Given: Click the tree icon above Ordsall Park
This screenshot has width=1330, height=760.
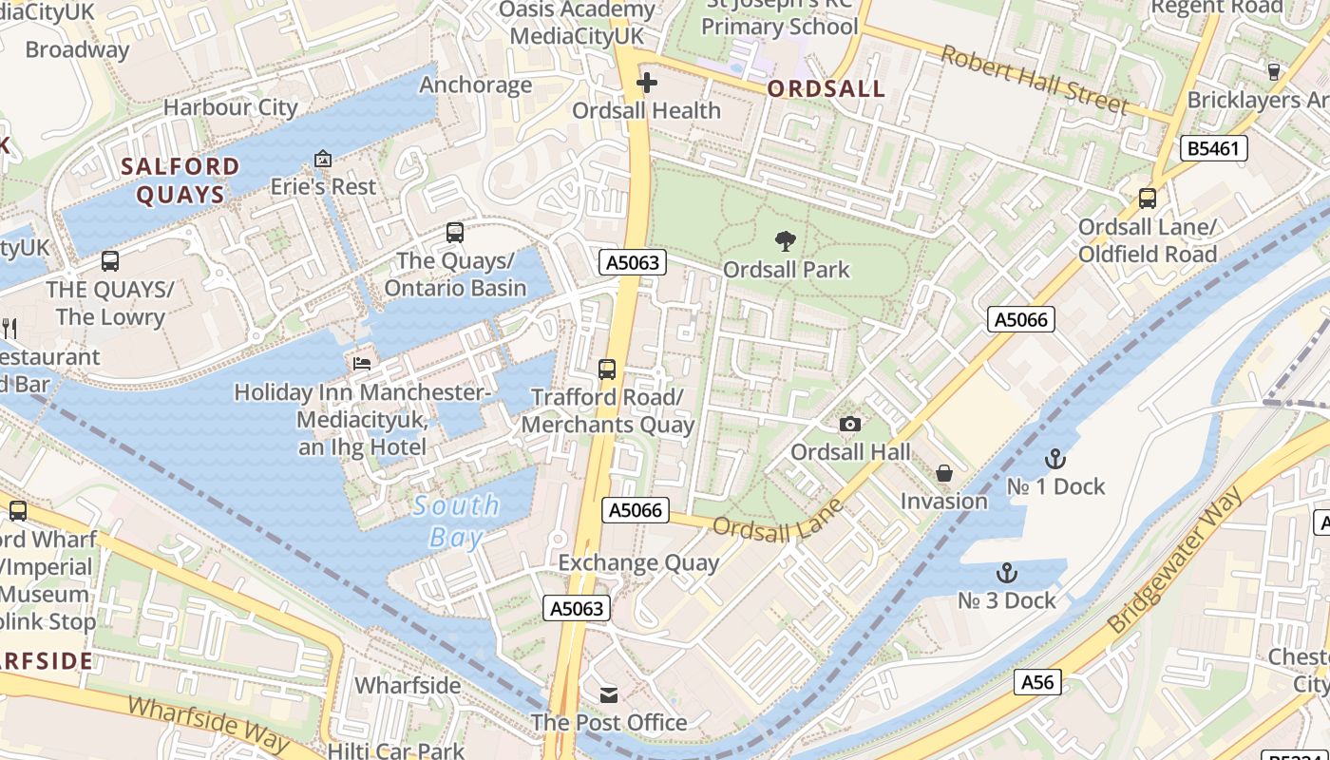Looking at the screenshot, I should click(785, 241).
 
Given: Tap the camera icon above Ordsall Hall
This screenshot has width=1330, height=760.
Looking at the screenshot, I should click(850, 424).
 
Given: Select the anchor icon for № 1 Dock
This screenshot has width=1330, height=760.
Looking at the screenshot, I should click(1054, 459).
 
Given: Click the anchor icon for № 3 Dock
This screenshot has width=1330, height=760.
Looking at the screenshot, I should click(1006, 573).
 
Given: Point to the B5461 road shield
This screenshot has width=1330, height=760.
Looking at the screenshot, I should click(1214, 148).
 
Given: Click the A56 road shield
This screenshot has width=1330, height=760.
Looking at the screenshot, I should click(1037, 681).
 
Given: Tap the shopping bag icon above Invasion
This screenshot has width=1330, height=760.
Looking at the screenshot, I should click(944, 472).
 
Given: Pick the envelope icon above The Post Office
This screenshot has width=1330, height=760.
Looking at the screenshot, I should click(608, 695).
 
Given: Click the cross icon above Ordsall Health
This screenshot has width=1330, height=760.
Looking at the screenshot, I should click(647, 84).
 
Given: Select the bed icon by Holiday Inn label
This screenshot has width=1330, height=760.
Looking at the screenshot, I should click(362, 363).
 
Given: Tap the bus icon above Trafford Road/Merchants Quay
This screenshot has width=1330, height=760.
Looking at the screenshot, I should click(607, 369).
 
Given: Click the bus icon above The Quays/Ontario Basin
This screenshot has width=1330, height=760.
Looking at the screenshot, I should click(455, 232).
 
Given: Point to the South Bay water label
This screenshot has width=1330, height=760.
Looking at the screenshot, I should click(457, 521).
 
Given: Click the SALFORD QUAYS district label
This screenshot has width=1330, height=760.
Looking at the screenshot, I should click(180, 180).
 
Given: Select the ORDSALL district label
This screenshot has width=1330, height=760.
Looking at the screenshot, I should click(826, 89).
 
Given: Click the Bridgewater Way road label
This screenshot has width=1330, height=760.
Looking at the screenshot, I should click(1176, 561).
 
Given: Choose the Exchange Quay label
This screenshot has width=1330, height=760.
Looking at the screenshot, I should click(638, 562).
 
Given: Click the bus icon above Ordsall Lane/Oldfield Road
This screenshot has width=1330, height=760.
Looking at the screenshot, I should click(1148, 199).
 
